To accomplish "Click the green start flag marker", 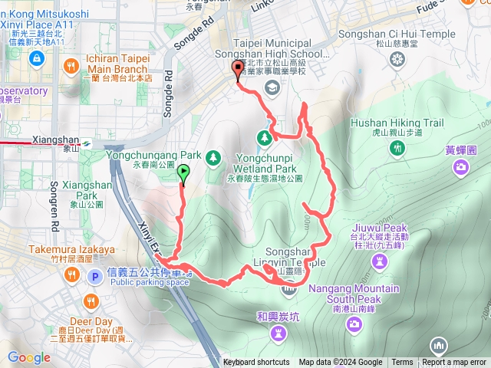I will point(184,173).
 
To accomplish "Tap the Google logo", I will point(29,357).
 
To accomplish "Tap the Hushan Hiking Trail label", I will point(397,123).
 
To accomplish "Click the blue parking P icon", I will point(94,276).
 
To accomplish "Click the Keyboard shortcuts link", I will point(256,363).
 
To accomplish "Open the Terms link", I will point(402,363).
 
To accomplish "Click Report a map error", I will point(455,363).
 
